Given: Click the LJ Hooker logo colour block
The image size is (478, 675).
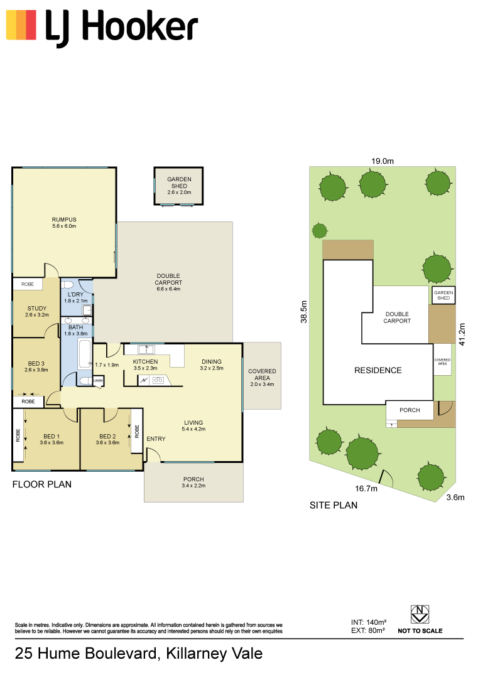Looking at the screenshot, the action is coord(21,25).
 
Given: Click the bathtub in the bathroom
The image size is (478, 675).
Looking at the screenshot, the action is coord(85,354).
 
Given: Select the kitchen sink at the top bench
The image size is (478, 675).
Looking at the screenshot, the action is coord(146,349).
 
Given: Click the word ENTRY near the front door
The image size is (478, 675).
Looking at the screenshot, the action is coord(156,438).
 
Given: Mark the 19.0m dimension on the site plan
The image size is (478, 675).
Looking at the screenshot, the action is coord(383,161).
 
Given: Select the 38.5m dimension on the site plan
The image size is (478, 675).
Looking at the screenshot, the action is coord(304,312).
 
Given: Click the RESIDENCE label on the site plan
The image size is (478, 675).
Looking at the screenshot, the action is coord(378,370).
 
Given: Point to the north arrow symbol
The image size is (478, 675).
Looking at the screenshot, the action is coord(420,614).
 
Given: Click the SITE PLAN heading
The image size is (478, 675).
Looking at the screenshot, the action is coord(333,505).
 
